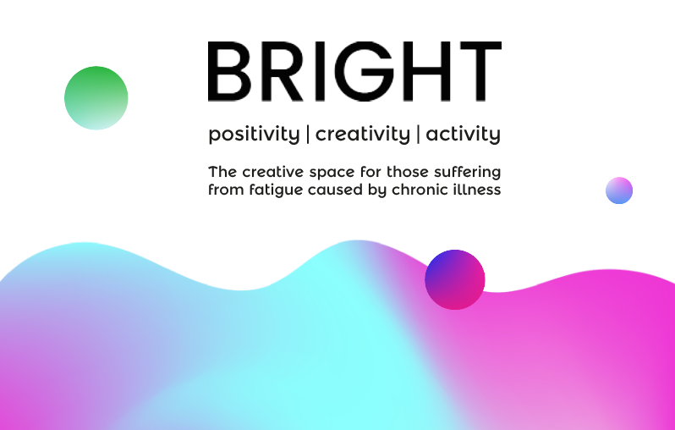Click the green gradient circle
point(96,98)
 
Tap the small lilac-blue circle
point(619,190)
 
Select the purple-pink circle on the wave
point(454,279)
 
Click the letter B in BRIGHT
point(229,71)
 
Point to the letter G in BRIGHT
point(365,71)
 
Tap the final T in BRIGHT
point(480,71)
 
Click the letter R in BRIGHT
point(282,71)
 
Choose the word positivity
point(254,135)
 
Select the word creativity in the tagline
point(363,135)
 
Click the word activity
point(464,135)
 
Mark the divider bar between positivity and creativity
point(308,134)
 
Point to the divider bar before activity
point(418,134)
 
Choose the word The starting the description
point(222,172)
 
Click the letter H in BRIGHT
point(427,71)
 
